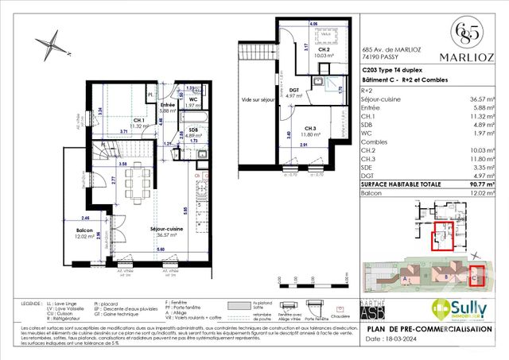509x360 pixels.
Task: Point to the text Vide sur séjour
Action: (x=257, y=99)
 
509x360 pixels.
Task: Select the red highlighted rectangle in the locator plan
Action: (x=440, y=238)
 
